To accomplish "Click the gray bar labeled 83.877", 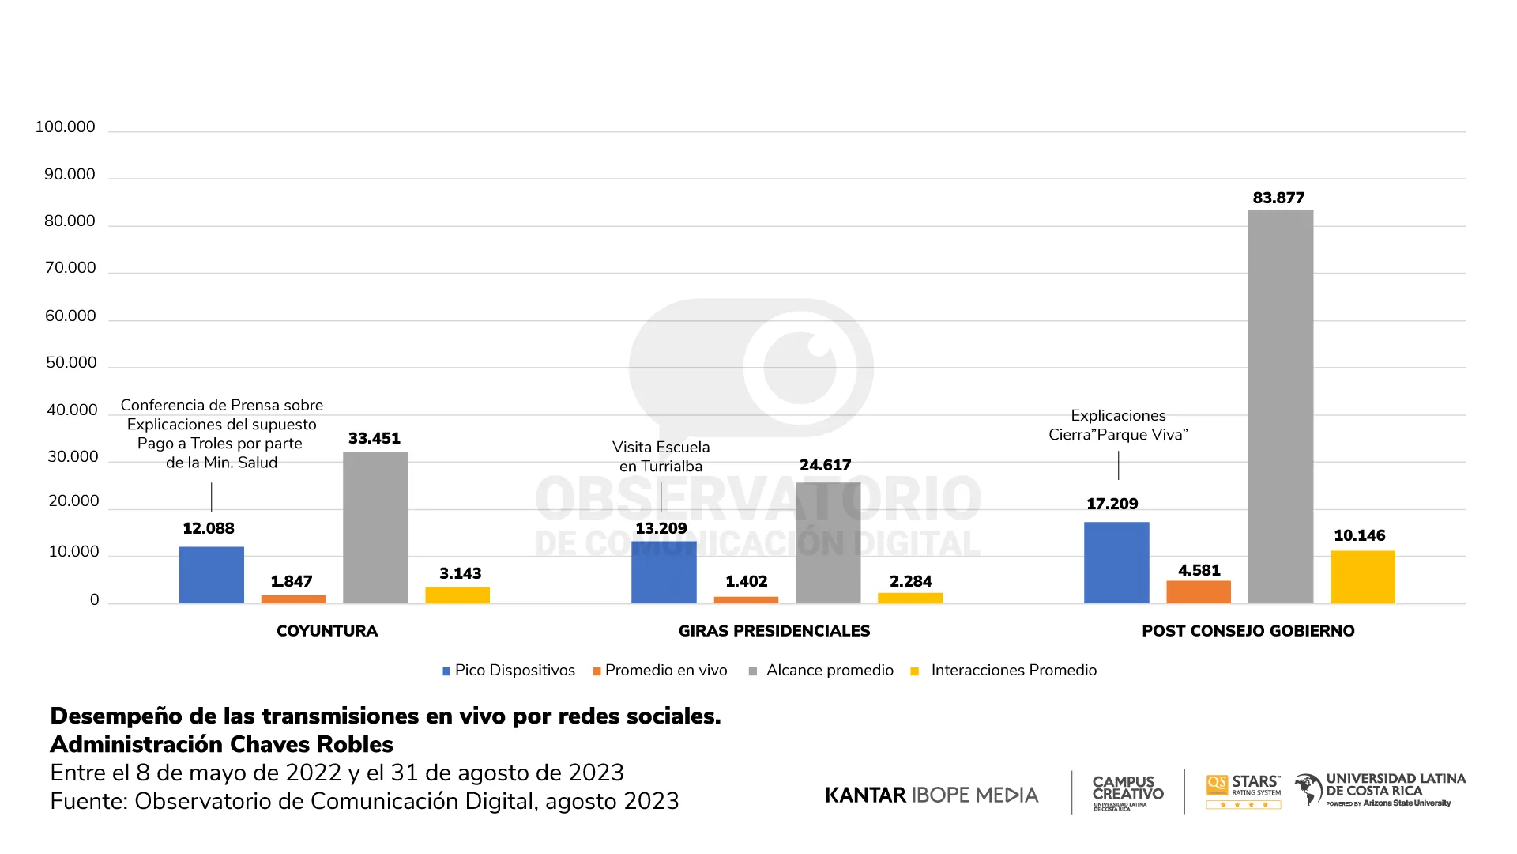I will (x=1280, y=406).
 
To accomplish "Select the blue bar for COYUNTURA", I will (x=211, y=575).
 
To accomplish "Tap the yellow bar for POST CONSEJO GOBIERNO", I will (x=1362, y=577).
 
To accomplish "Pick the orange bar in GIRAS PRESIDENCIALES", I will (x=746, y=600).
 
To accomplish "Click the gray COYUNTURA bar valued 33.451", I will (x=375, y=527).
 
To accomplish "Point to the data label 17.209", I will (x=1112, y=504).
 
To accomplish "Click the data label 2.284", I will (x=910, y=581).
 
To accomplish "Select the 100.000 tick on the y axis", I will (x=65, y=127).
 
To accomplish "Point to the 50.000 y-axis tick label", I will (x=71, y=362).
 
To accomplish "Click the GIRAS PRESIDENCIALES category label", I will (x=774, y=631).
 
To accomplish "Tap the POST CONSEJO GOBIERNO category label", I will (x=1248, y=631).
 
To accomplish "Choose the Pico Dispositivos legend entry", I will (x=509, y=671).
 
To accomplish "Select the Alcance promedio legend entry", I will (x=822, y=671).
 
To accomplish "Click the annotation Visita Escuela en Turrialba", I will (x=661, y=456).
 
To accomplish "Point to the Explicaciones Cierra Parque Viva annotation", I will (x=1118, y=425).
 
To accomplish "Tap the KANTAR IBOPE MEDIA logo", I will (x=932, y=795).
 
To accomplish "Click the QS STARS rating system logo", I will (x=1243, y=791).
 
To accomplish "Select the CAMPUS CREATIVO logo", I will (x=1127, y=792).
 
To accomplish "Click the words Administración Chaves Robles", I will (x=221, y=744).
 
